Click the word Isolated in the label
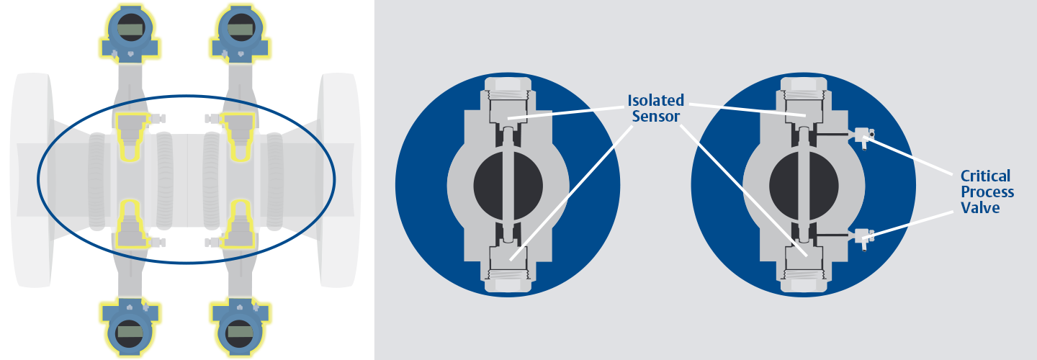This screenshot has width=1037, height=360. (x=655, y=100)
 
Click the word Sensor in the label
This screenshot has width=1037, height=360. (x=655, y=116)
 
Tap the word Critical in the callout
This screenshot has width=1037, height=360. (x=985, y=176)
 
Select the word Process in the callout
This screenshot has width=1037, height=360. (x=987, y=192)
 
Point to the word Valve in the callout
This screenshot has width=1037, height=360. (x=980, y=208)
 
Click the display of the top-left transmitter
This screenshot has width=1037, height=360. (x=130, y=30)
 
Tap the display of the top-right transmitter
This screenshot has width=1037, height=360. (x=241, y=30)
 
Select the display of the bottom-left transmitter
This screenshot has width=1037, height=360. (x=129, y=332)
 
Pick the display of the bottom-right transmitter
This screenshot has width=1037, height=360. (x=241, y=332)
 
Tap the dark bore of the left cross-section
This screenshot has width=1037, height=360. (x=508, y=186)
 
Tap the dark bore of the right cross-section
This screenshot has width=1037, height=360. (x=804, y=186)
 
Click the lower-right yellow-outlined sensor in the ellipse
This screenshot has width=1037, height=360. (x=239, y=224)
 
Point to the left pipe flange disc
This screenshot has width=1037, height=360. (x=32, y=179)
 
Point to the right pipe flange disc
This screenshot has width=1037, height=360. (x=339, y=179)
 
